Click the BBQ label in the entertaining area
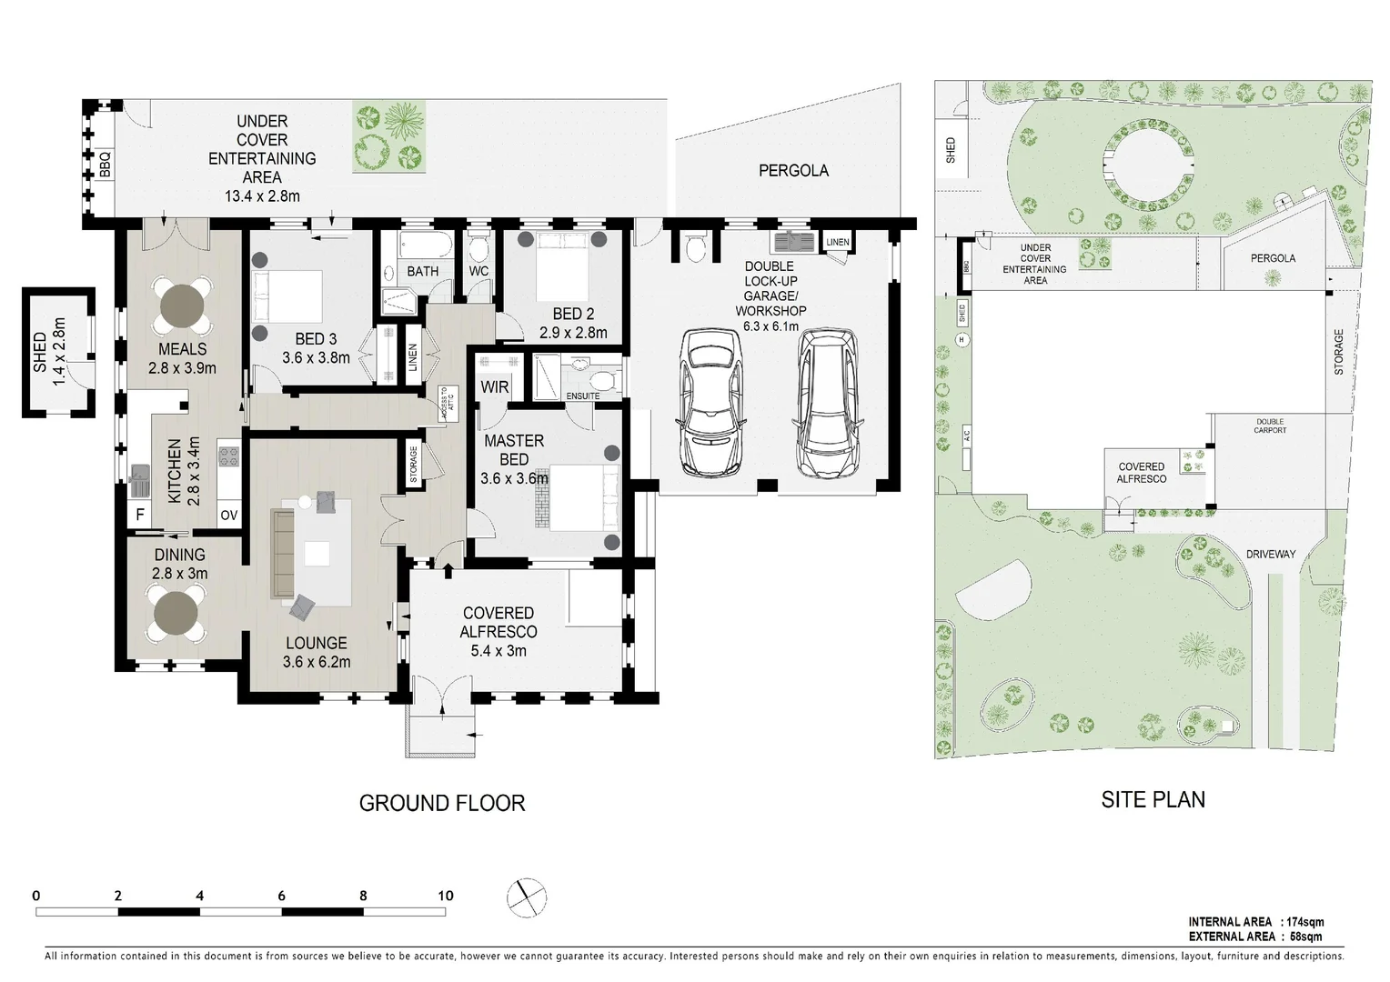coord(105,165)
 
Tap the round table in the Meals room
coord(182,306)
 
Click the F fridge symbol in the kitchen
coord(140,515)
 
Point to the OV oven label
coord(229,515)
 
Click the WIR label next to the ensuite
coord(495,387)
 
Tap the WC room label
coord(478,271)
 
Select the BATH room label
coord(423,271)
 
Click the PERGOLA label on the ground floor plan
coord(793,171)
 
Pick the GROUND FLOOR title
coord(442,804)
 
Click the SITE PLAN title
coord(1153,799)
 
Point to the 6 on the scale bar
coord(281,896)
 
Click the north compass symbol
coord(526,897)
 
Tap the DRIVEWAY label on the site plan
coord(1271,554)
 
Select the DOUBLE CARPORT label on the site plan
coord(1270,426)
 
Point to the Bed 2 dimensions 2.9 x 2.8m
coord(573,333)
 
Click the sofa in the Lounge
coord(283,554)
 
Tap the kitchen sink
coord(140,481)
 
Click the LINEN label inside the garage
coord(837,242)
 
